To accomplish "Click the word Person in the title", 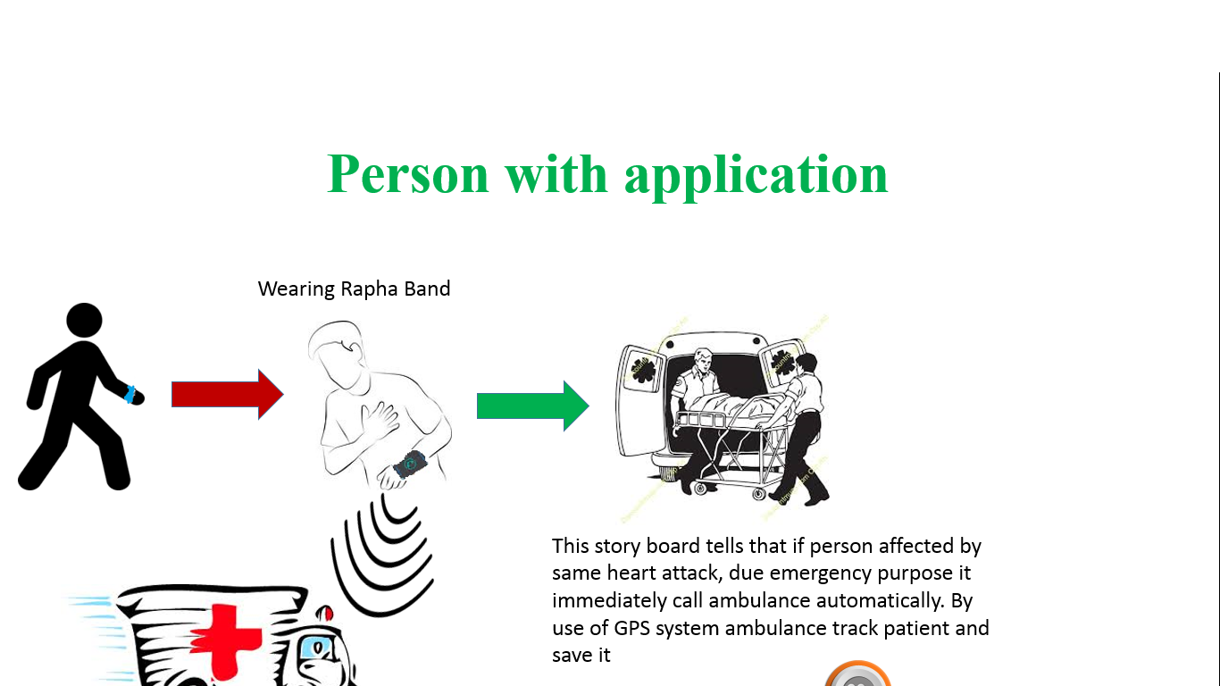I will (x=408, y=173).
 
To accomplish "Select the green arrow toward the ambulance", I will (x=532, y=406).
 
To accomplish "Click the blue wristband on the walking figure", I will (x=131, y=394).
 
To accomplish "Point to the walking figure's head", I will (x=84, y=322).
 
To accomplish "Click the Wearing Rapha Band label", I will (x=354, y=289).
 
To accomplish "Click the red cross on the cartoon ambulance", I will (x=226, y=630).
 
